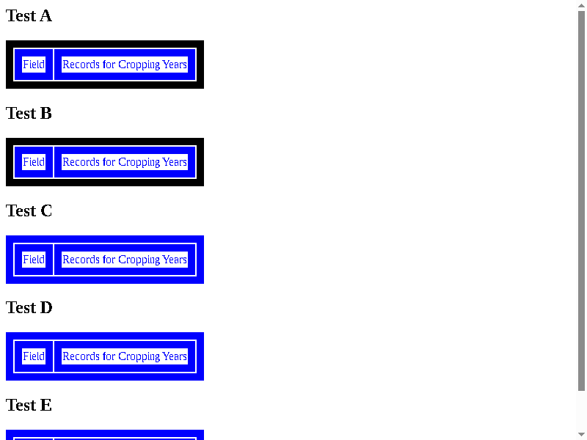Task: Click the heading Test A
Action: [29, 15]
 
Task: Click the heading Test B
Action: [29, 113]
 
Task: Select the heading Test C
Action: [29, 210]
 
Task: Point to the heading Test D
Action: [29, 307]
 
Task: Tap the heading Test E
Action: [29, 405]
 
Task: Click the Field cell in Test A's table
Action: [34, 65]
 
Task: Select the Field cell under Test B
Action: [34, 162]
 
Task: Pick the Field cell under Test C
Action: [34, 260]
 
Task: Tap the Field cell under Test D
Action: [34, 356]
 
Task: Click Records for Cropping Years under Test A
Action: [125, 65]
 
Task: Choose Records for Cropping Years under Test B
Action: [125, 162]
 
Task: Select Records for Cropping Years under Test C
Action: [125, 260]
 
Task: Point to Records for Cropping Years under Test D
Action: [125, 356]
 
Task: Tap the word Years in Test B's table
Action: [175, 162]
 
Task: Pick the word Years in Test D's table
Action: [175, 356]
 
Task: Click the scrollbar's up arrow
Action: [581, 5]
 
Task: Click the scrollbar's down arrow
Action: [581, 434]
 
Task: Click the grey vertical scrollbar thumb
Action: [581, 201]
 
